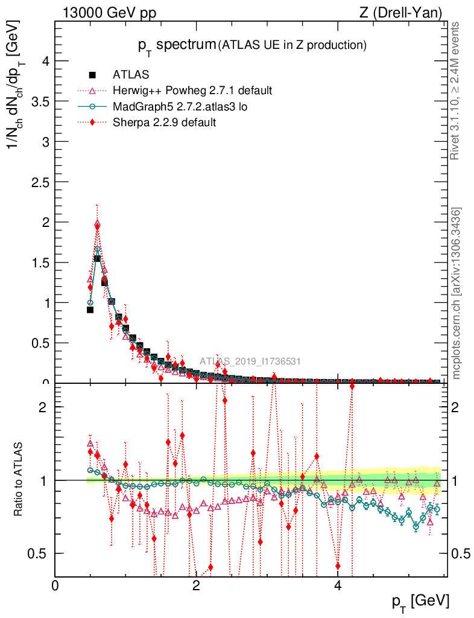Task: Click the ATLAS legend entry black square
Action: [92, 75]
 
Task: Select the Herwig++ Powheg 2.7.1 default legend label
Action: [192, 91]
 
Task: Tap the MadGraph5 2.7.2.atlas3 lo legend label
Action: [180, 106]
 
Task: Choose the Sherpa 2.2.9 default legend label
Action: [165, 122]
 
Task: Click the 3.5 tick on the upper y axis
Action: [39, 101]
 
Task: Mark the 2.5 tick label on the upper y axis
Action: [39, 182]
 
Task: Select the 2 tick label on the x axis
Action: [197, 586]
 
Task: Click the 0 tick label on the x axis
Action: [55, 586]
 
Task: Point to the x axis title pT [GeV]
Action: [421, 601]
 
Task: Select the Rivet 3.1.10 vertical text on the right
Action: [455, 91]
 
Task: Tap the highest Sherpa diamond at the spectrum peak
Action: [97, 225]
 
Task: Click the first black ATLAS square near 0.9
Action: [90, 310]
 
